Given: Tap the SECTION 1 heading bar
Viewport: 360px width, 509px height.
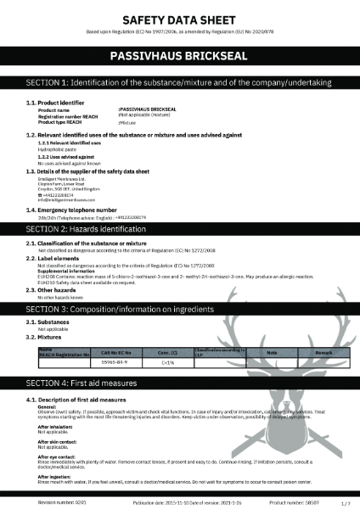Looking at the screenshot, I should (180, 83).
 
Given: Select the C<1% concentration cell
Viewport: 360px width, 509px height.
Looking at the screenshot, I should (167, 360).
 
